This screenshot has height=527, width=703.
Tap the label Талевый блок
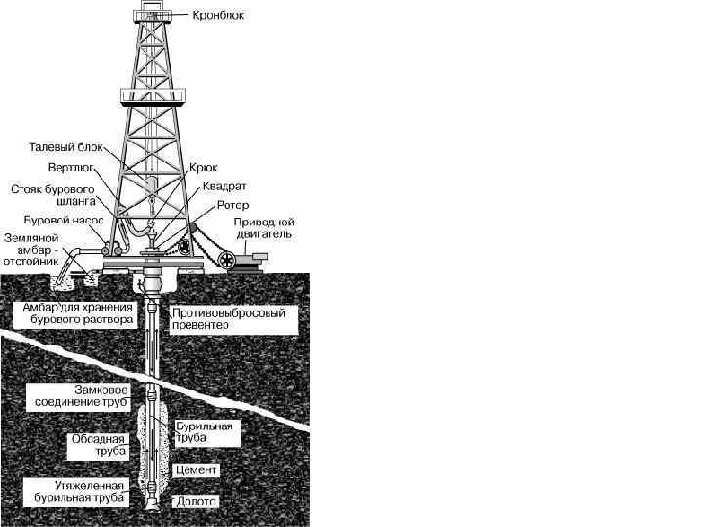click(x=66, y=147)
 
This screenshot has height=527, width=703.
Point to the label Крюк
click(x=216, y=168)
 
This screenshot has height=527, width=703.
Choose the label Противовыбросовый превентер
click(x=230, y=318)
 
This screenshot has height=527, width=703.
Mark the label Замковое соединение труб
click(x=81, y=395)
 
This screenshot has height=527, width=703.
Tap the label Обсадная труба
click(x=99, y=446)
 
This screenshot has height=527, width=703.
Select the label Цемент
click(x=196, y=469)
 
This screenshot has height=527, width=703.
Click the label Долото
click(x=195, y=501)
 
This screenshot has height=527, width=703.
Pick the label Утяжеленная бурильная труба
click(x=78, y=491)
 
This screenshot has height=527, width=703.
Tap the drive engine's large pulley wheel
click(x=228, y=260)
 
